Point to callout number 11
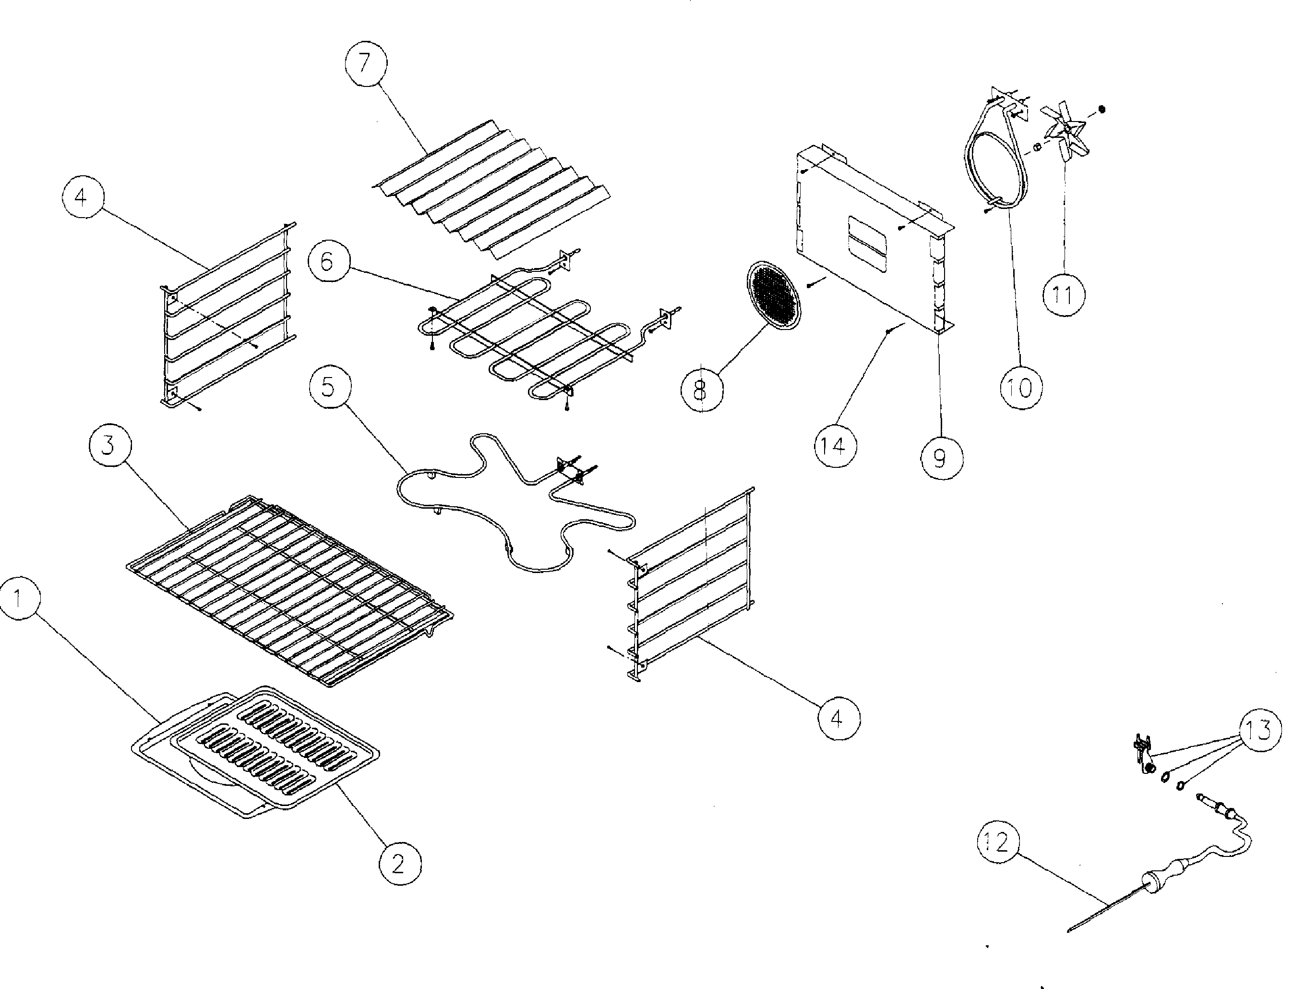(1063, 294)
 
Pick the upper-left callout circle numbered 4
(82, 197)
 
